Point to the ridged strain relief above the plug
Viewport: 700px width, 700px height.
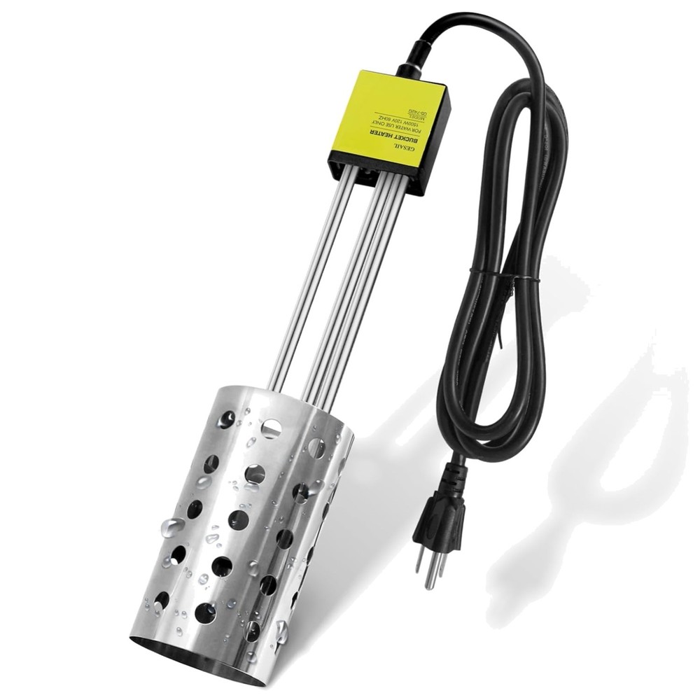454,477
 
